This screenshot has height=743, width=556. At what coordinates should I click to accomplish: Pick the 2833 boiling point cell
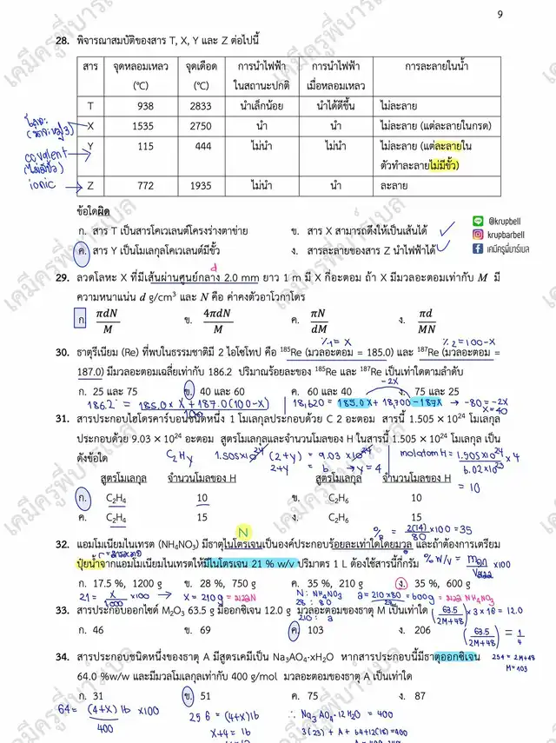pyautogui.click(x=201, y=105)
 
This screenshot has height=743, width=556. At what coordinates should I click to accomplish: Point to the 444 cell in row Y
pyautogui.click(x=201, y=145)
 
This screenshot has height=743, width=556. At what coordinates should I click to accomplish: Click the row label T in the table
pyautogui.click(x=90, y=105)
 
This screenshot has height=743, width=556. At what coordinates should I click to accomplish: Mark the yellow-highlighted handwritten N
pyautogui.click(x=244, y=532)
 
